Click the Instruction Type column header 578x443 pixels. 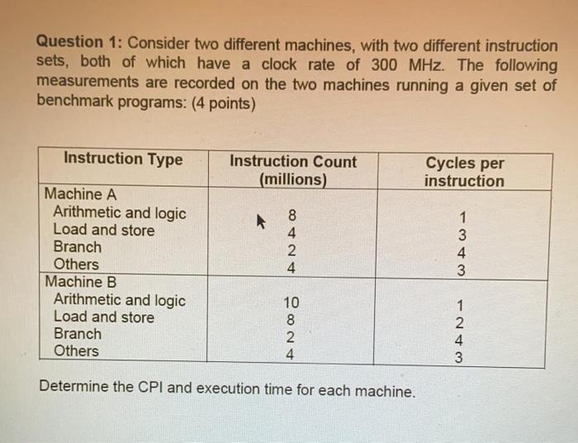tap(123, 159)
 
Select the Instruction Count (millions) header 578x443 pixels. tap(293, 170)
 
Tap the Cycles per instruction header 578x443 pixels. tap(464, 172)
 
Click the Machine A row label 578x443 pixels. tap(80, 194)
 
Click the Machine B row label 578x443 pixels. tap(80, 282)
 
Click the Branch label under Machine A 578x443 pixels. tap(78, 247)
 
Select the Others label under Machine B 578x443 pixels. tap(76, 351)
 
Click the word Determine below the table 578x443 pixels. tap(71, 388)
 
